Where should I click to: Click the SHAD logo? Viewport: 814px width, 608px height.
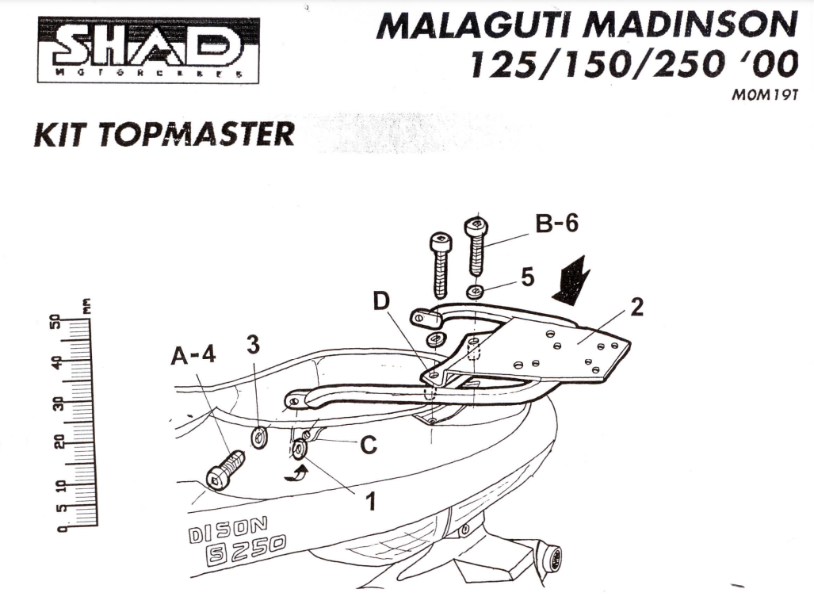[x=148, y=49]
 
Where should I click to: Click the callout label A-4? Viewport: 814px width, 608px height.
[x=193, y=357]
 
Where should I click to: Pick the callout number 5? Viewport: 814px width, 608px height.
[x=527, y=277]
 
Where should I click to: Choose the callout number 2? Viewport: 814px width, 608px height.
[x=636, y=308]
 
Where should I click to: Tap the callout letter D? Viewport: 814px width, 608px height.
[x=382, y=302]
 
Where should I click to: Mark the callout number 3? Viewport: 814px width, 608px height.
[x=252, y=344]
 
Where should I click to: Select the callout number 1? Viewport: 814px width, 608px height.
[x=369, y=502]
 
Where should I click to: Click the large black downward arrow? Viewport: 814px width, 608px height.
[x=571, y=279]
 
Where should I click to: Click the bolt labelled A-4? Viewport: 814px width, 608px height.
[x=223, y=471]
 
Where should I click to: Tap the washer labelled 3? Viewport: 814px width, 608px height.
[x=258, y=437]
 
